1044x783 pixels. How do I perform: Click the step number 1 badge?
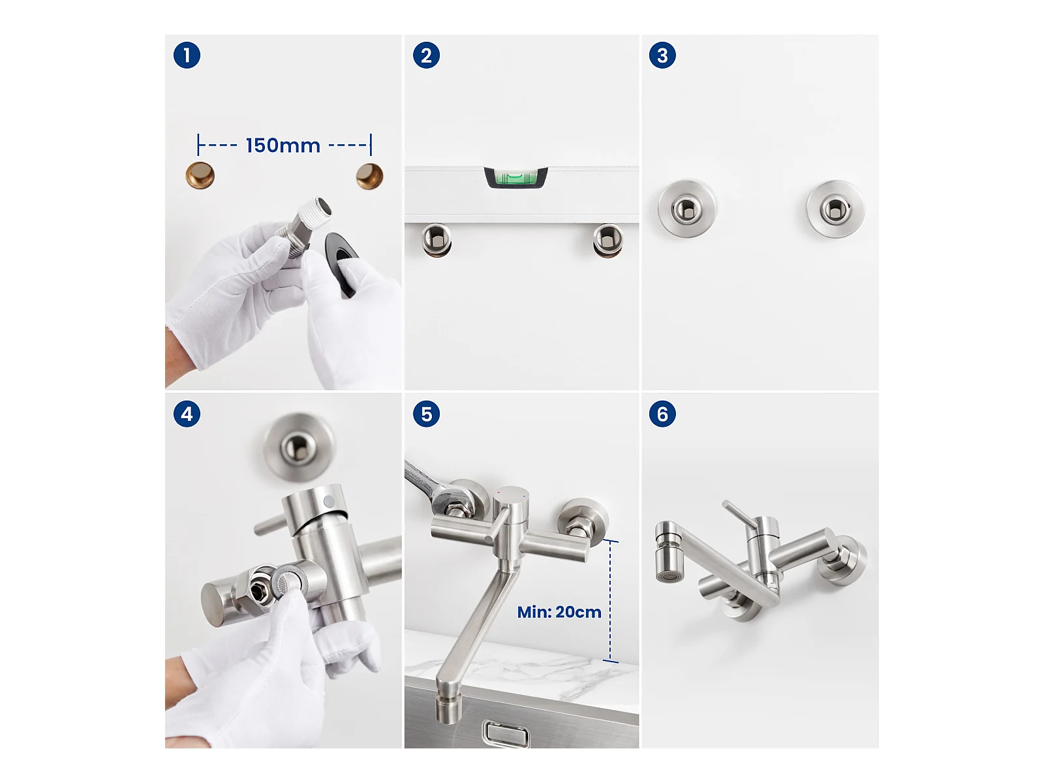(x=187, y=55)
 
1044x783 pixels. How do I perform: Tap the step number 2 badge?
(x=426, y=55)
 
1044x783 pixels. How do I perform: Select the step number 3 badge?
(x=662, y=55)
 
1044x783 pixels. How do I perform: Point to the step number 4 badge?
(x=187, y=414)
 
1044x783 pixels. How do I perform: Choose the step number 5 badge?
(x=426, y=414)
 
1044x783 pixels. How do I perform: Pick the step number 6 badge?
(x=662, y=414)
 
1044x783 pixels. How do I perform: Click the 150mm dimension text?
(x=283, y=146)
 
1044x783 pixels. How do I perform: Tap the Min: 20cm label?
(x=559, y=612)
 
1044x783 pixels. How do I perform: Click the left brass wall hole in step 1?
(x=200, y=176)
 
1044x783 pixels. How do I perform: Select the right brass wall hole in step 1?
(x=369, y=176)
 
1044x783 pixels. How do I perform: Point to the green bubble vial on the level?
(x=515, y=178)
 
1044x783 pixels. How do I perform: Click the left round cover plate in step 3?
(x=687, y=208)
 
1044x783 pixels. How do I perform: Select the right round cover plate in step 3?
(x=836, y=209)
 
